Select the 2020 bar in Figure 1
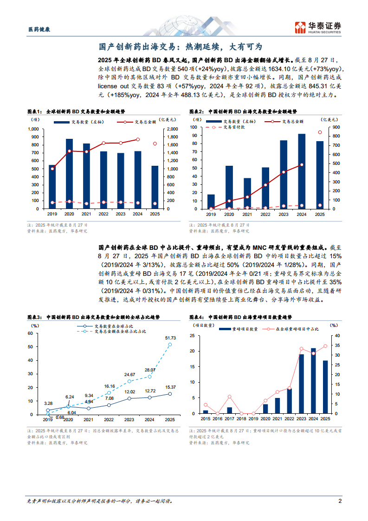(x=69, y=174)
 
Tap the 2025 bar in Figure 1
(x=155, y=187)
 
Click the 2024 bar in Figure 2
(x=302, y=171)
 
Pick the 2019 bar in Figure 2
(x=211, y=202)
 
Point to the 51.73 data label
(x=170, y=338)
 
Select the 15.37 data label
(x=170, y=387)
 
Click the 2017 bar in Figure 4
(x=229, y=410)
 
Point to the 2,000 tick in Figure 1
(x=172, y=129)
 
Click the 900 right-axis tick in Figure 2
(x=336, y=127)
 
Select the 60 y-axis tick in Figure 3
(x=30, y=333)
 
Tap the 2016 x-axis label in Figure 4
(x=217, y=418)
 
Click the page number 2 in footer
(x=340, y=501)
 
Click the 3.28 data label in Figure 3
(x=48, y=404)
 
